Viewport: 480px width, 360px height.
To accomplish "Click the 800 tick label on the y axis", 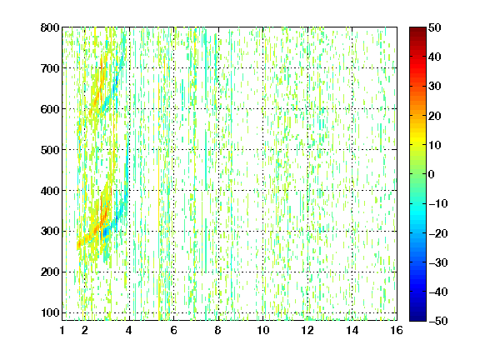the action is point(50,27).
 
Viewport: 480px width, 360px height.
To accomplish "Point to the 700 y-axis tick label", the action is point(50,68).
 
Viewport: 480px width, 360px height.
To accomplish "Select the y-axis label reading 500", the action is point(50,150).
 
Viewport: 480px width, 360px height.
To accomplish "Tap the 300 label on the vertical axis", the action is point(50,232).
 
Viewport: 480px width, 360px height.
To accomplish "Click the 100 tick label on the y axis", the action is point(50,312).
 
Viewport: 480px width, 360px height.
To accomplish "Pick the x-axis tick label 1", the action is point(62,330).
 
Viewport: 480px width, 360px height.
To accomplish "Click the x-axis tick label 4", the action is point(129,330).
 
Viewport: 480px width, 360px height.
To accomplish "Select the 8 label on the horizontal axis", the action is point(218,330).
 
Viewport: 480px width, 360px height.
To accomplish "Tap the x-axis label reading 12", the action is point(307,330).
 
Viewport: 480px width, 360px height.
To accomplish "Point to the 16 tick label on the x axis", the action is point(397,330).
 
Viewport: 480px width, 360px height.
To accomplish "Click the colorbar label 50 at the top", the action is point(434,27).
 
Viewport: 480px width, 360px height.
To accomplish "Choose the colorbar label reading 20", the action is point(434,116).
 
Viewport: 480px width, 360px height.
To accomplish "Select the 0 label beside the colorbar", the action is point(432,174).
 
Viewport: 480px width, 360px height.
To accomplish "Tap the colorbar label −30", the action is point(438,262).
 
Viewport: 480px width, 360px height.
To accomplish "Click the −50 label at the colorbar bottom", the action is point(438,321).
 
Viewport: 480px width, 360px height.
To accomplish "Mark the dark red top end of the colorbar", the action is point(417,29).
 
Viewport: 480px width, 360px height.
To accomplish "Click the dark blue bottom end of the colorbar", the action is point(417,319).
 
